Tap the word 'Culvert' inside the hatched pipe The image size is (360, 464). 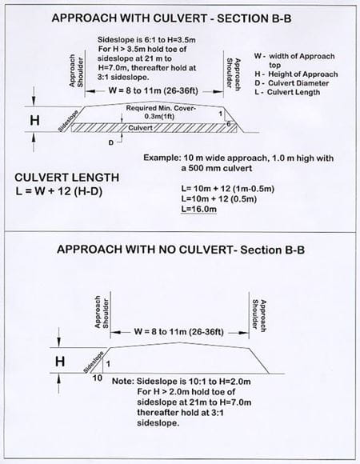click(140, 127)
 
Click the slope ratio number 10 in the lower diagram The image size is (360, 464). click(97, 376)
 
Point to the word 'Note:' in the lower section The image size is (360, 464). click(124, 382)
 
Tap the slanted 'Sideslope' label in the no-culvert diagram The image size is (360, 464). click(93, 355)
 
